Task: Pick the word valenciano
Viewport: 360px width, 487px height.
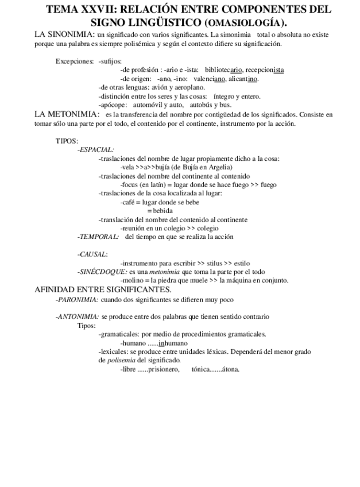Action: [x=211, y=79]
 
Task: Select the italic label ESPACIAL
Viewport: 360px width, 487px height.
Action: [x=96, y=149]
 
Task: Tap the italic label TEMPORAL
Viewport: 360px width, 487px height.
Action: [x=98, y=237]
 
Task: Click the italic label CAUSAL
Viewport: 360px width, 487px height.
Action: [x=92, y=254]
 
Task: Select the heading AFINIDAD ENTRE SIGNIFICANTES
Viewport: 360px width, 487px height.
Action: [x=103, y=289]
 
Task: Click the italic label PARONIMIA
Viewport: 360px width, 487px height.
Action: [x=78, y=299]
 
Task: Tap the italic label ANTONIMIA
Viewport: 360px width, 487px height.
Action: [x=78, y=316]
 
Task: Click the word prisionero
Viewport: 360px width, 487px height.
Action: [x=164, y=369]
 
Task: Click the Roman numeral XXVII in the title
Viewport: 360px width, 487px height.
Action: [x=101, y=9]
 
